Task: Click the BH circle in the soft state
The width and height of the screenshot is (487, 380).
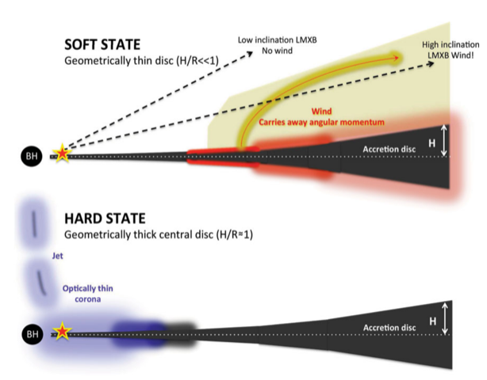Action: pyautogui.click(x=32, y=156)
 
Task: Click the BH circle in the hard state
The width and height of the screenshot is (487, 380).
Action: pyautogui.click(x=33, y=334)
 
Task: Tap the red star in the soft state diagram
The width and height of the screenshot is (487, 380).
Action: pyautogui.click(x=63, y=153)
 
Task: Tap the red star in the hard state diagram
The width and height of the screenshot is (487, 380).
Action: pyautogui.click(x=63, y=331)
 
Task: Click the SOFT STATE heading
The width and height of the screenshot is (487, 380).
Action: pyautogui.click(x=102, y=44)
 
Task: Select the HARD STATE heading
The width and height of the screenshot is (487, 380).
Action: pyautogui.click(x=105, y=218)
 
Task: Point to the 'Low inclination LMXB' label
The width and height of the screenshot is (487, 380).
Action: pyautogui.click(x=277, y=40)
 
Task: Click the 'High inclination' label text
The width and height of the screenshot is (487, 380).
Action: pyautogui.click(x=451, y=44)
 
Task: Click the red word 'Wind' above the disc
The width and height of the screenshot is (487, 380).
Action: pyautogui.click(x=321, y=112)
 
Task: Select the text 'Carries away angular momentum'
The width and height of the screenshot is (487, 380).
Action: pyautogui.click(x=321, y=122)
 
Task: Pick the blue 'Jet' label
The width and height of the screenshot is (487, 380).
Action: pyautogui.click(x=57, y=256)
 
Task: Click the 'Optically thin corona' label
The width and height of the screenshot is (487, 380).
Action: pyautogui.click(x=87, y=294)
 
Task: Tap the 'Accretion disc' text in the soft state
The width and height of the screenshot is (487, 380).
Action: pyautogui.click(x=389, y=150)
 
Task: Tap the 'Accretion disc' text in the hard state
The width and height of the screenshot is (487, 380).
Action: pyautogui.click(x=389, y=328)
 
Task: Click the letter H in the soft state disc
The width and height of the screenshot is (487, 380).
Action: pyautogui.click(x=431, y=143)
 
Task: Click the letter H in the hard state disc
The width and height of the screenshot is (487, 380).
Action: pyautogui.click(x=432, y=321)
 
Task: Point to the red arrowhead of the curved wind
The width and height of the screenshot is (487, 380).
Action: pyautogui.click(x=396, y=57)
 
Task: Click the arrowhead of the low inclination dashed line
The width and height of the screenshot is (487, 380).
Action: pyautogui.click(x=250, y=54)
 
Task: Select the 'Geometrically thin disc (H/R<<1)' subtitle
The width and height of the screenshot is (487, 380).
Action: pyautogui.click(x=141, y=60)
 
